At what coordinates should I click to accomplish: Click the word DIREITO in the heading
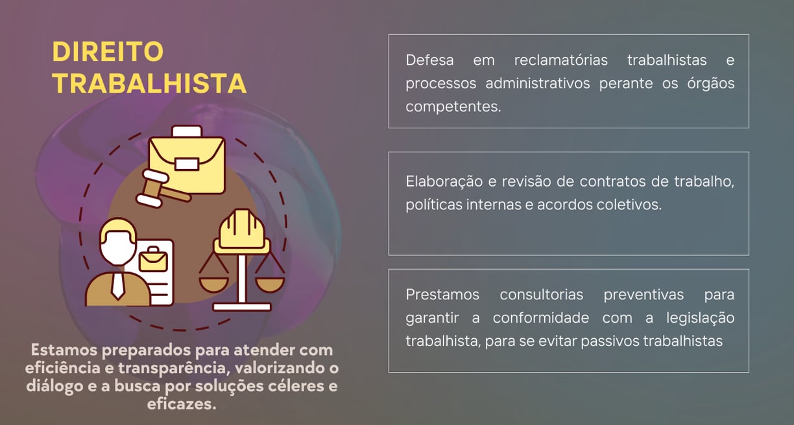point(108,52)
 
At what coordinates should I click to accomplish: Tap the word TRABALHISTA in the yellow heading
point(149,83)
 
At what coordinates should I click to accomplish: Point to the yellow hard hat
point(242,230)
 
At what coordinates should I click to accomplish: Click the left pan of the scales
point(213,282)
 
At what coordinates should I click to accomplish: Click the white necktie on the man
point(117,284)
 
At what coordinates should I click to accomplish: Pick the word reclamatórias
point(560,60)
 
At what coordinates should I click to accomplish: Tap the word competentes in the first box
point(453,107)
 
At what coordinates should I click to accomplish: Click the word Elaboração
point(443,181)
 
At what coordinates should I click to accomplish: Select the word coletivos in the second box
point(633,205)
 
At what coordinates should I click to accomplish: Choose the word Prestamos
point(442,294)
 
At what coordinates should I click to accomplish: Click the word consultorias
point(541,294)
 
